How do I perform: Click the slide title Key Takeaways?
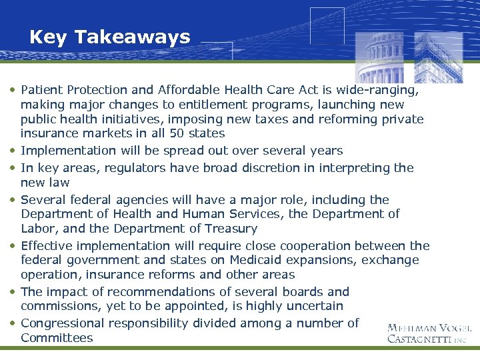click(x=109, y=37)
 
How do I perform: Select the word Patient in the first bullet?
click(x=41, y=89)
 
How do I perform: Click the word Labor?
click(x=37, y=228)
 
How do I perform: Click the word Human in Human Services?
click(x=204, y=214)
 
